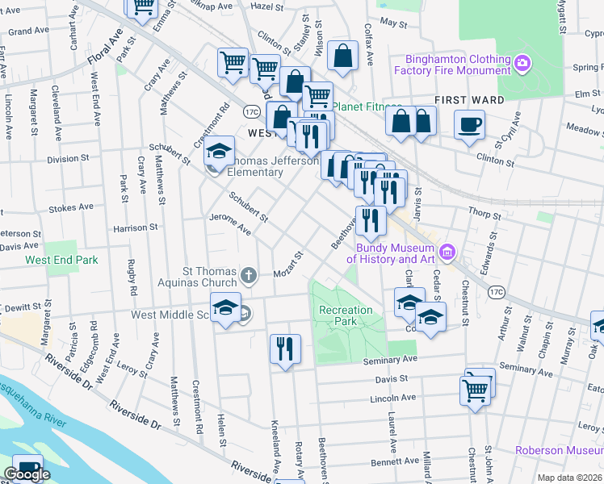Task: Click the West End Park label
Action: coord(61,261)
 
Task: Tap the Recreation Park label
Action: coord(346,316)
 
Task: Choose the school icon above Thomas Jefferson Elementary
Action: coord(219,151)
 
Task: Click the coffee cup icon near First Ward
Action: coord(469,124)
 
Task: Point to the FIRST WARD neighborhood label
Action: coord(469,100)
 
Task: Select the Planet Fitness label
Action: coord(367,107)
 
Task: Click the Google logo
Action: coord(27,474)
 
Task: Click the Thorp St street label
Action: coord(484,215)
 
